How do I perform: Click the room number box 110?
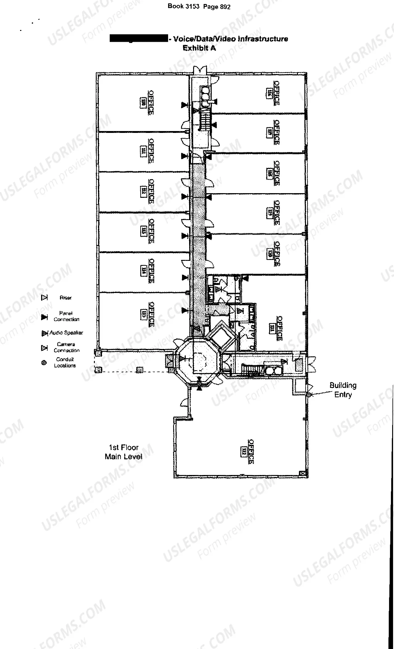point(143,103)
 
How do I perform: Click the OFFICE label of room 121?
point(279,328)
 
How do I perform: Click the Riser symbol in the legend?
point(44,298)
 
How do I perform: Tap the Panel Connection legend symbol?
point(44,317)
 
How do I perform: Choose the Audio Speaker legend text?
point(66,333)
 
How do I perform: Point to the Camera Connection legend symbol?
point(44,348)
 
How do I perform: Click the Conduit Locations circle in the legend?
point(44,363)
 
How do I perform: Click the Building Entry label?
point(343,390)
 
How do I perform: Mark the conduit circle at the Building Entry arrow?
point(308,395)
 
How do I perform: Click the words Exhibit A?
point(199,48)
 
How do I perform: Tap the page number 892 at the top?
point(225,7)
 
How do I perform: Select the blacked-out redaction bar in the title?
point(139,39)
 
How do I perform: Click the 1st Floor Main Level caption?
point(123,452)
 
